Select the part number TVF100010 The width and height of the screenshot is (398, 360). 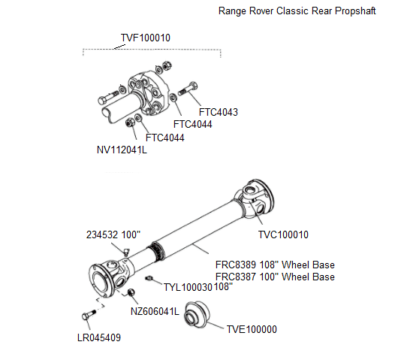point(146,38)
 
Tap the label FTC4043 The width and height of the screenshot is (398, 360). point(219,112)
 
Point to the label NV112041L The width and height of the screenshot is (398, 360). point(122,150)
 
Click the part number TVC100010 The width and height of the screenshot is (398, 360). point(285,234)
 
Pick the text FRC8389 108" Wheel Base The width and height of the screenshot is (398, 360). point(275,265)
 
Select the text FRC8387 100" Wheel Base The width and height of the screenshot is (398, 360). point(275,277)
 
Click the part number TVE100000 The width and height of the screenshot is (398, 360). point(252,329)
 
